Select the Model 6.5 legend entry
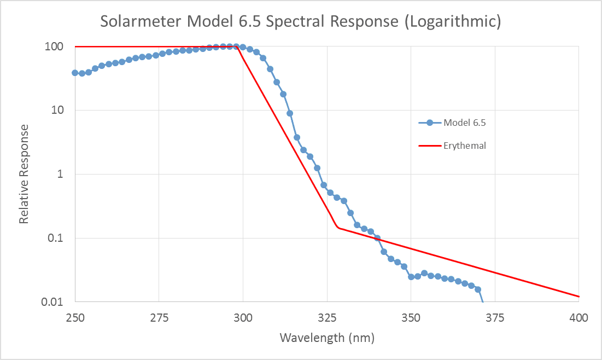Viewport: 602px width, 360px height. (x=464, y=123)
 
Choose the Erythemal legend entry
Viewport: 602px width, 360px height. (x=465, y=146)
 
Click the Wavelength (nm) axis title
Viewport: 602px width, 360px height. (x=327, y=338)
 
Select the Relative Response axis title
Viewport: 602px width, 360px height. (x=24, y=174)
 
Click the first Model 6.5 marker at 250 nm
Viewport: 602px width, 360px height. (x=75, y=73)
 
